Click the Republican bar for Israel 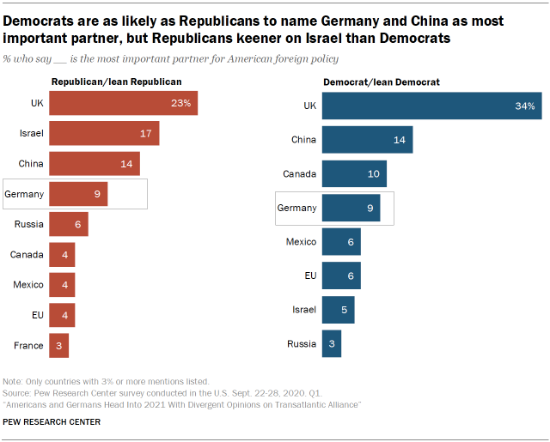pyautogui.click(x=104, y=133)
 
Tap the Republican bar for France pyautogui.click(x=58, y=345)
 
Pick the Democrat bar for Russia pyautogui.click(x=332, y=343)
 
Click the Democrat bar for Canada pyautogui.click(x=354, y=173)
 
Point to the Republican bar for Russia pyautogui.click(x=69, y=224)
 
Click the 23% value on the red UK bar pyautogui.click(x=180, y=103)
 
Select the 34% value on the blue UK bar pyautogui.click(x=525, y=106)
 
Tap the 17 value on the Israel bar pyautogui.click(x=145, y=134)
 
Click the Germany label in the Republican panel pyautogui.click(x=24, y=194)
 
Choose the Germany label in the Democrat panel pyautogui.click(x=296, y=208)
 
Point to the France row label pyautogui.click(x=28, y=345)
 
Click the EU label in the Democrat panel pyautogui.click(x=309, y=275)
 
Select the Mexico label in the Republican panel pyautogui.click(x=28, y=285)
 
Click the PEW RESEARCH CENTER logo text pyautogui.click(x=52, y=421)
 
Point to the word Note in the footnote pyautogui.click(x=15, y=380)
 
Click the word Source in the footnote pyautogui.click(x=19, y=391)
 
